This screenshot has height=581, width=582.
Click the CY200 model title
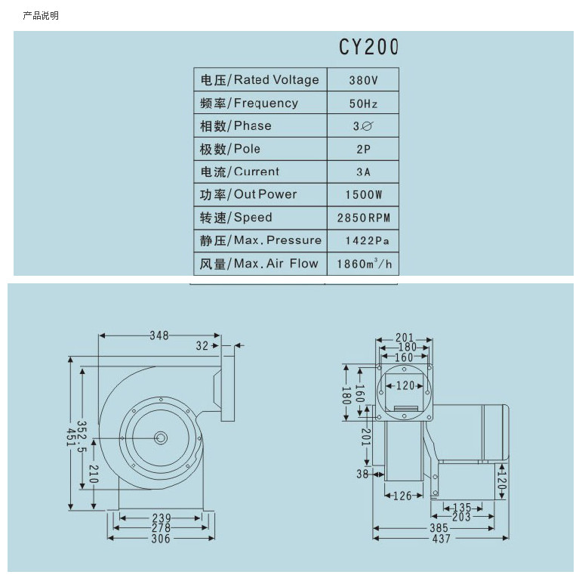coord(368,47)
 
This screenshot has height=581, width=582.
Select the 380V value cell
coord(363,80)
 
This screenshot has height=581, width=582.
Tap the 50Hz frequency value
coord(363,104)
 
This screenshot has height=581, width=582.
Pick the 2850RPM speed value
coord(364,218)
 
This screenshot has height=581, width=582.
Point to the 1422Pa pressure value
coord(367,241)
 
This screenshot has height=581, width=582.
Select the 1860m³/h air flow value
coord(364,264)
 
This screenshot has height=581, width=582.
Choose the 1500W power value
coord(364,195)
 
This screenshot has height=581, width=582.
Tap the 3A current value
coord(363,172)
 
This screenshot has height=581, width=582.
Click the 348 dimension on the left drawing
coord(159,335)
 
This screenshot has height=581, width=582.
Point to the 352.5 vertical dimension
coord(82,436)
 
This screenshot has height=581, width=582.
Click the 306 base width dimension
coord(161,539)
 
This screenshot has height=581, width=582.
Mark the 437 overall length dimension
coord(442,539)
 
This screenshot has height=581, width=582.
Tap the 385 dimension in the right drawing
coord(439,528)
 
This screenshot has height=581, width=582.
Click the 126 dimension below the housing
coord(402,496)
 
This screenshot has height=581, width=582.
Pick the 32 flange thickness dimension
coord(202,346)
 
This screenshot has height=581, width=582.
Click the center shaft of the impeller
coord(161,438)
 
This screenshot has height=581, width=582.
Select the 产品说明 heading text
coord(41,16)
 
